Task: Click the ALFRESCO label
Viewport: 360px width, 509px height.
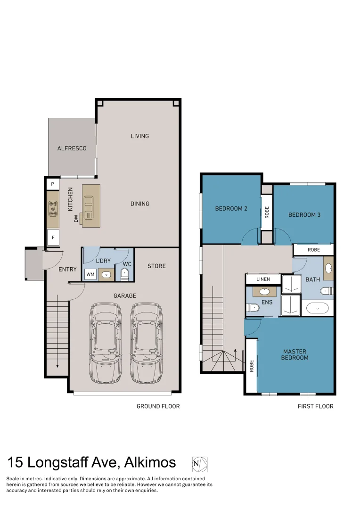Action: [x=72, y=148]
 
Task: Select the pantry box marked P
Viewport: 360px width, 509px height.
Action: [x=53, y=184]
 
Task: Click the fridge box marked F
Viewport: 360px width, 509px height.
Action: [x=53, y=238]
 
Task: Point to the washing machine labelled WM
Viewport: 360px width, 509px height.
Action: [x=90, y=274]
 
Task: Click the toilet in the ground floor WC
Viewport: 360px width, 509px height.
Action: [x=124, y=274]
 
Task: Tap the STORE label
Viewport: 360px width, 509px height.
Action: [x=156, y=266]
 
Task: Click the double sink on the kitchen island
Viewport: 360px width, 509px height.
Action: [x=89, y=205]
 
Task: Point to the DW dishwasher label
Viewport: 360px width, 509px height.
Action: [x=76, y=218]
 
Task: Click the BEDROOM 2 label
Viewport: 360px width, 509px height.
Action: [x=231, y=208]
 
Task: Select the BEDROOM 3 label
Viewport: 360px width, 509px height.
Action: [x=304, y=214]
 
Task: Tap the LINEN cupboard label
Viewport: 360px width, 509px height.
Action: [x=263, y=279]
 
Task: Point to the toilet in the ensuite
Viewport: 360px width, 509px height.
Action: [x=253, y=308]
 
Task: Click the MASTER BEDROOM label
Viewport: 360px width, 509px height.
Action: [x=295, y=354]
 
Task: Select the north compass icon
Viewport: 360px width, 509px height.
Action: [x=199, y=464]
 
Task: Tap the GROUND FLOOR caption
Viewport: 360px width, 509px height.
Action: [x=158, y=406]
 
